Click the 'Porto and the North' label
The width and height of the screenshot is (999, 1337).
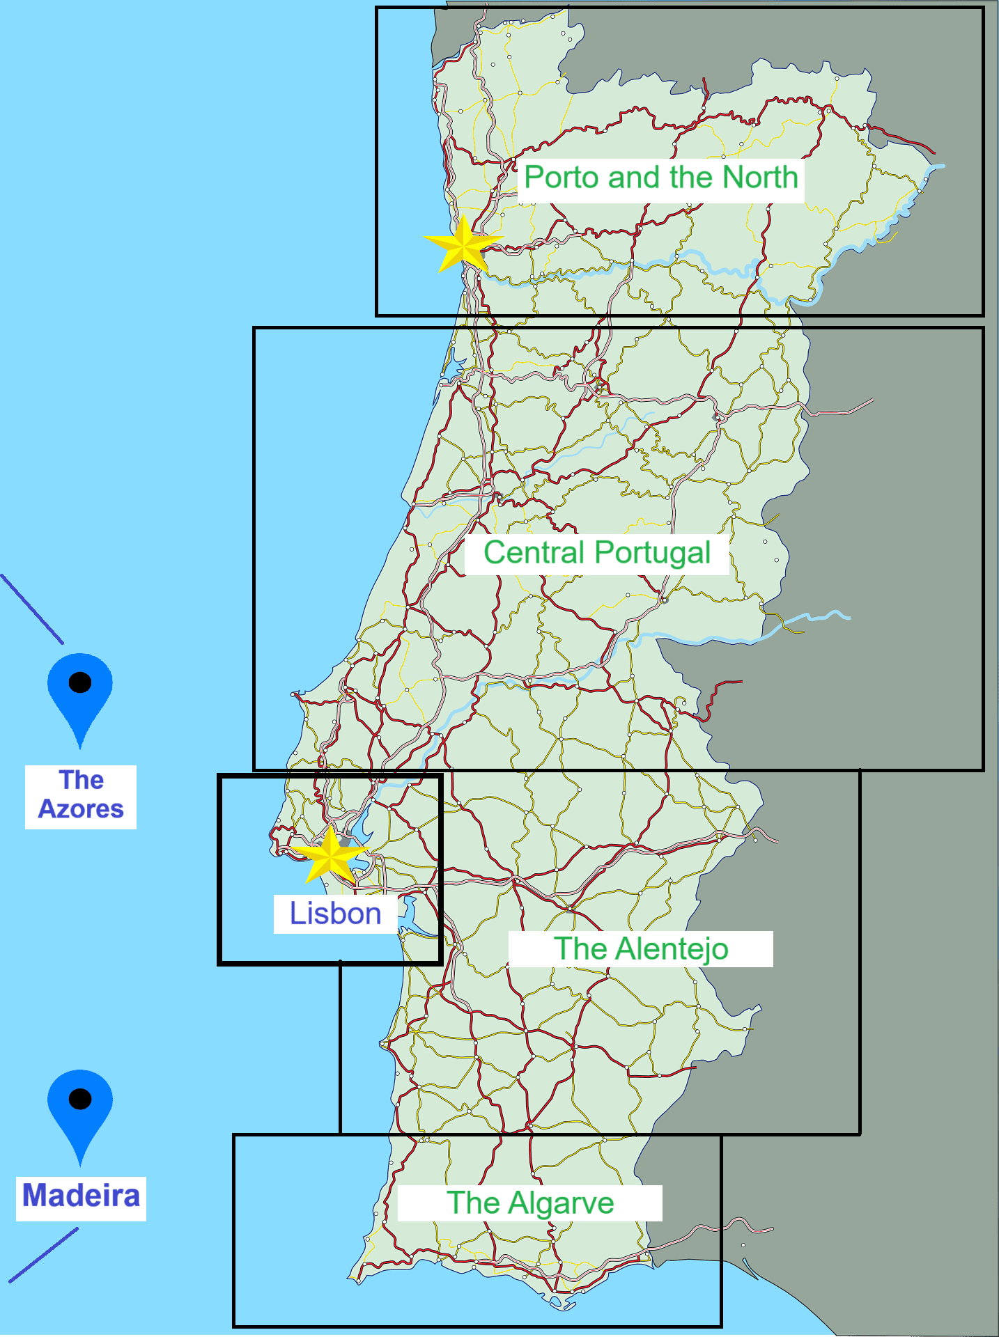pyautogui.click(x=660, y=178)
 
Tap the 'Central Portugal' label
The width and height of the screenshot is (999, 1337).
pyautogui.click(x=597, y=554)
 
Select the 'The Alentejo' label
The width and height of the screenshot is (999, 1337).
pyautogui.click(x=641, y=949)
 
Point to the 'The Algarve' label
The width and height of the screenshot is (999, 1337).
pyautogui.click(x=530, y=1203)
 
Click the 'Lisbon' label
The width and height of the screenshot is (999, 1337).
pyautogui.click(x=335, y=914)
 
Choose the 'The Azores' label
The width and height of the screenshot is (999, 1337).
pyautogui.click(x=81, y=795)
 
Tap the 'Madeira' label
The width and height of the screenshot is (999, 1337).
pyautogui.click(x=81, y=1196)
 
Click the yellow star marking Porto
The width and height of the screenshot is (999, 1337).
pyautogui.click(x=463, y=244)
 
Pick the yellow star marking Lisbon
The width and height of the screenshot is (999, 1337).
pyautogui.click(x=330, y=856)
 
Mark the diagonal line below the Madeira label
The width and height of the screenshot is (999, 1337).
pyautogui.click(x=43, y=1255)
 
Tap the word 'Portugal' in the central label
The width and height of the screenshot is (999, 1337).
pyautogui.click(x=652, y=554)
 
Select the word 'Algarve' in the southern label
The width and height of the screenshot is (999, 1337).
pyautogui.click(x=562, y=1203)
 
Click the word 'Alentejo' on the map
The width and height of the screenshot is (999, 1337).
pyautogui.click(x=672, y=949)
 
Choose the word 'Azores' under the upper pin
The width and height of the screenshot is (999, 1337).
pyautogui.click(x=81, y=809)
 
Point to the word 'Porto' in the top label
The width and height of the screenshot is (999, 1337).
pyautogui.click(x=562, y=178)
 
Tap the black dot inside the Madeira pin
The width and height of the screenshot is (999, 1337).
pyautogui.click(x=80, y=1099)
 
